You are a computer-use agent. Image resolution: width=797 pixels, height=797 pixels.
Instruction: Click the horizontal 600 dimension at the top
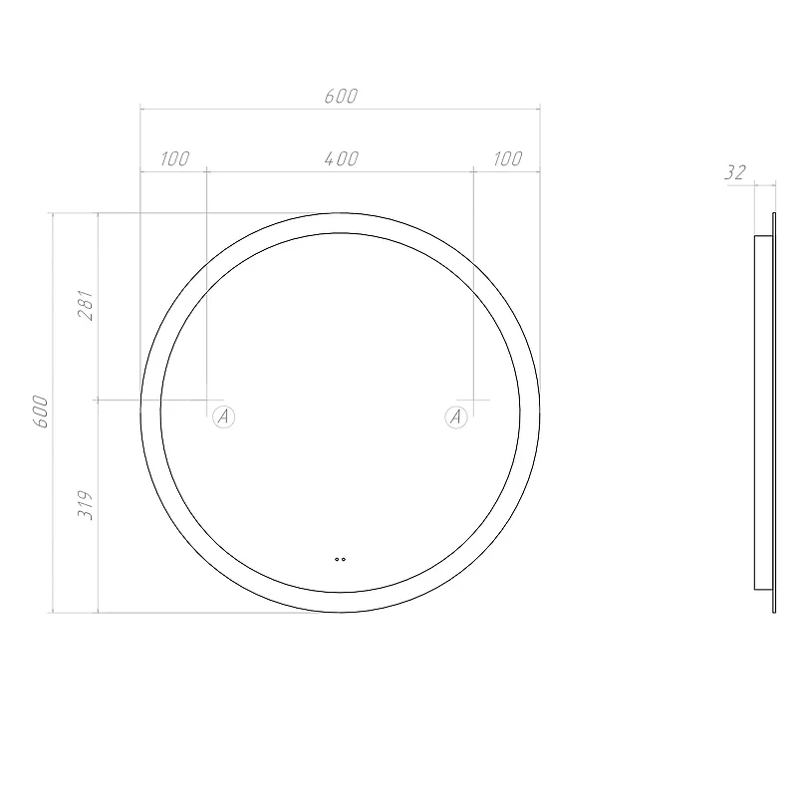coord(341,96)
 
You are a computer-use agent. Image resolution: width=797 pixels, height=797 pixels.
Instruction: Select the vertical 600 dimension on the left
coord(41,411)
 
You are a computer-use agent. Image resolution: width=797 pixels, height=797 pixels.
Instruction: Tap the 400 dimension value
coord(342,158)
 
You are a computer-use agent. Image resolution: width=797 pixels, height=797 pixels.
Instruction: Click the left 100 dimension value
coord(175,158)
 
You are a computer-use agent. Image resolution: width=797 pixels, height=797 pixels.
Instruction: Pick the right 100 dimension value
coord(507,158)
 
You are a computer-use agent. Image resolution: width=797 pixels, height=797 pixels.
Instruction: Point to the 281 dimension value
coord(86,305)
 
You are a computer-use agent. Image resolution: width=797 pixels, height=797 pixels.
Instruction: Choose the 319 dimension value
coord(86,505)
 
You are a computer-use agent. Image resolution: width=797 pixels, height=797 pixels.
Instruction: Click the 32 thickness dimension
coord(735,172)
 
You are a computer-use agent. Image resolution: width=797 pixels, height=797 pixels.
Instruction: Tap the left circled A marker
coord(223,417)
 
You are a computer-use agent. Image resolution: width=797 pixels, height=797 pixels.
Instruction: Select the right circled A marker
coord(456,417)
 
